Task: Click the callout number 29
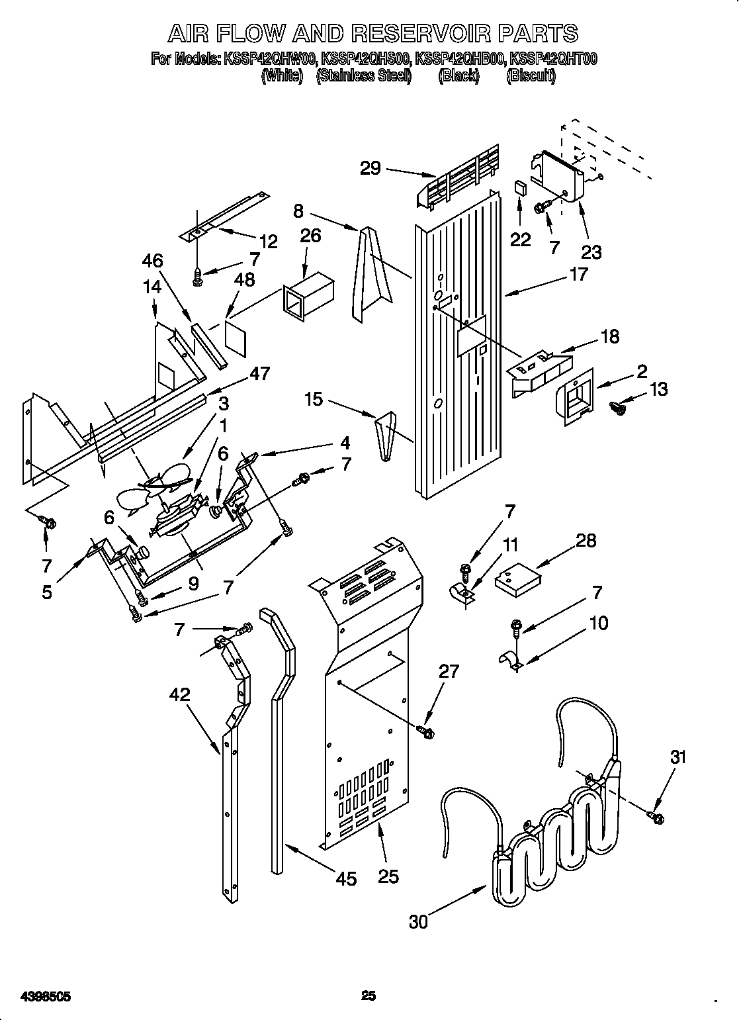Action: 370,168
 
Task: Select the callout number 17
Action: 578,274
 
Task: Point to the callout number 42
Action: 179,695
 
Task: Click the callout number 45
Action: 346,878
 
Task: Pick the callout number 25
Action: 389,876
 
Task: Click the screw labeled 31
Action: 657,818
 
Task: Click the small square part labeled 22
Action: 521,188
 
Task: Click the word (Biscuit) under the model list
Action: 531,75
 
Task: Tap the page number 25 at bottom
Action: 369,976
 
